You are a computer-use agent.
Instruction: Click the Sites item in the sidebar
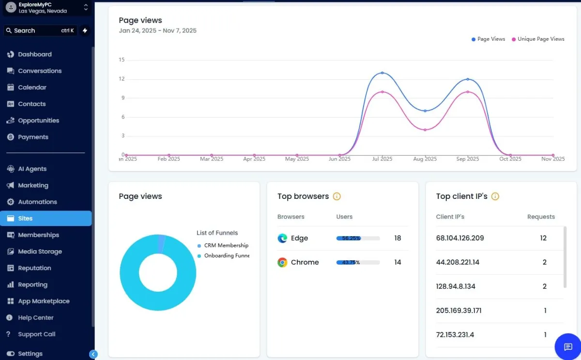[x=25, y=218]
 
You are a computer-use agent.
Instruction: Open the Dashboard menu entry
[x=34, y=54]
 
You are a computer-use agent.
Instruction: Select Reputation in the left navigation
[x=34, y=268]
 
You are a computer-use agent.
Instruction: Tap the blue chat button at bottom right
[x=568, y=346]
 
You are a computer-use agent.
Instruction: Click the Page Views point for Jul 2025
[x=382, y=73]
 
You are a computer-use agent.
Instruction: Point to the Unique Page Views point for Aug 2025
[x=425, y=130]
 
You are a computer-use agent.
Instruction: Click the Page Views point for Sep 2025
[x=468, y=79]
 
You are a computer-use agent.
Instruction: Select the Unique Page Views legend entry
[x=540, y=39]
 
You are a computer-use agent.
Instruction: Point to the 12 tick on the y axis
[x=122, y=79]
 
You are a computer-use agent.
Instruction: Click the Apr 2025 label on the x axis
[x=254, y=159]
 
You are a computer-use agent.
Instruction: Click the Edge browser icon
[x=282, y=238]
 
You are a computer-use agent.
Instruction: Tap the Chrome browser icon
[x=282, y=262]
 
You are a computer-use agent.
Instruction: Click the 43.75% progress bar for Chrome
[x=358, y=262]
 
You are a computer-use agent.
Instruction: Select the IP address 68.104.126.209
[x=459, y=238]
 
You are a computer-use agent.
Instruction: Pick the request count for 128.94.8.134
[x=545, y=286]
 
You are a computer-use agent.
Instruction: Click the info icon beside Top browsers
[x=337, y=196]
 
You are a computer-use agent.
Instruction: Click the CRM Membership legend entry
[x=226, y=245]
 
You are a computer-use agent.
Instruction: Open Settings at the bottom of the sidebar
[x=30, y=354]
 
